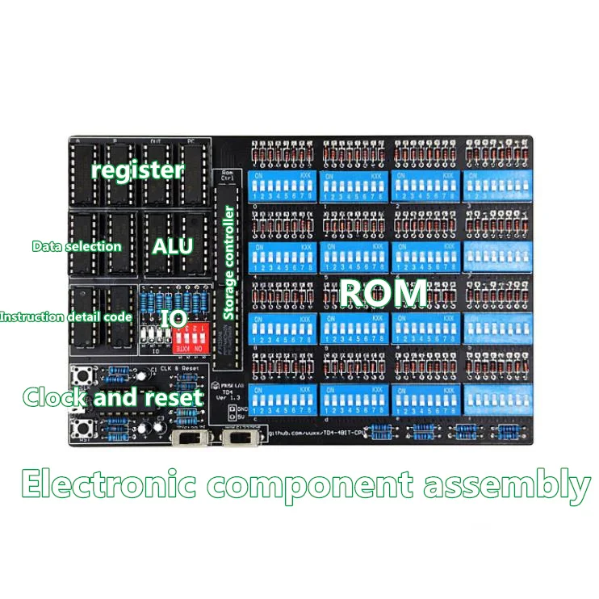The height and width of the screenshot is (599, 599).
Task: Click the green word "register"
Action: [137, 170]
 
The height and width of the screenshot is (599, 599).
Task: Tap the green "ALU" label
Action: [173, 245]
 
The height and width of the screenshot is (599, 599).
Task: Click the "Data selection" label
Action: [77, 246]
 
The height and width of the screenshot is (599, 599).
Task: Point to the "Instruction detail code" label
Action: [65, 317]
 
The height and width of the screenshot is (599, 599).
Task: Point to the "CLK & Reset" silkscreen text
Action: [177, 369]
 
